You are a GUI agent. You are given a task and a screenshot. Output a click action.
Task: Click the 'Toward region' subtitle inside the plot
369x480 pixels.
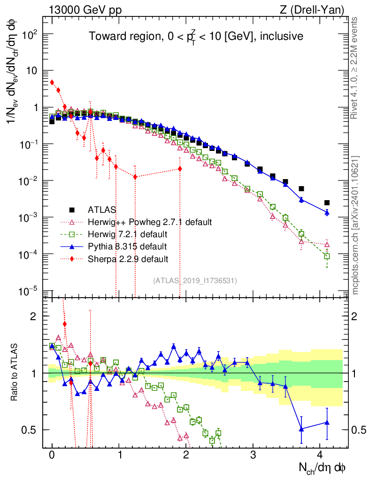tap(196, 36)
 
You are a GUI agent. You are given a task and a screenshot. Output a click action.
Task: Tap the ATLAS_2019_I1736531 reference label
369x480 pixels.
tap(195, 281)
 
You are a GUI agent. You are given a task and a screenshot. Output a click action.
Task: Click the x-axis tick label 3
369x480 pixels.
tap(253, 455)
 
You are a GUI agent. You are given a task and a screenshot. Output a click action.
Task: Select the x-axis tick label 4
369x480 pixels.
tap(320, 455)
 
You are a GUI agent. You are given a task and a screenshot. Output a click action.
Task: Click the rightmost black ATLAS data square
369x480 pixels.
tap(327, 202)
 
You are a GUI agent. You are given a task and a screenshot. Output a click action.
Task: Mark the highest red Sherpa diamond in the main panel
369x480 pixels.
tap(52, 82)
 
